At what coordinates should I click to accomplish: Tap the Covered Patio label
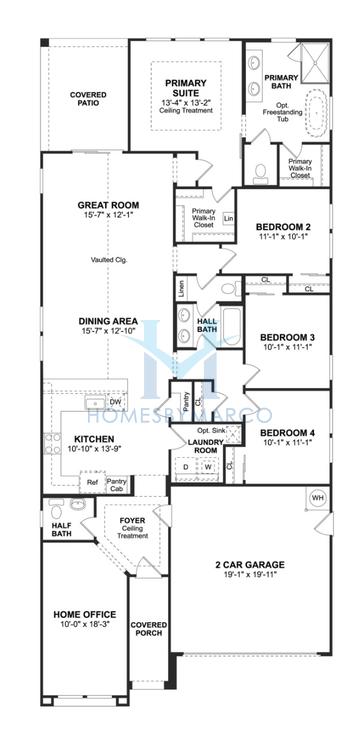[x=88, y=99]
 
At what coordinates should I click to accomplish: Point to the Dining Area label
[x=108, y=322]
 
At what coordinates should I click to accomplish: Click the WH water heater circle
[x=319, y=497]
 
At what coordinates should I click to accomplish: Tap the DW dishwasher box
[x=115, y=402]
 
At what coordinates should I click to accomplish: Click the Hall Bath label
[x=207, y=324]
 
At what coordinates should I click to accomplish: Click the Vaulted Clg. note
[x=107, y=259]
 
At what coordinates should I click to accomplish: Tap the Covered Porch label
[x=149, y=629]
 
